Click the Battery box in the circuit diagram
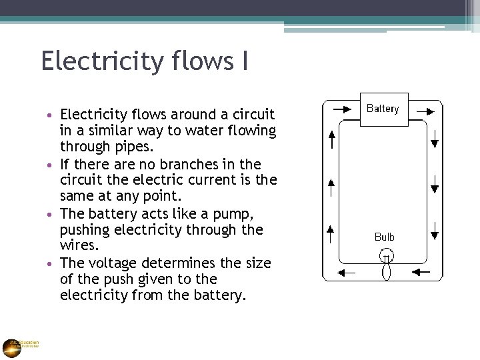click(383, 109)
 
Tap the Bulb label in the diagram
click(385, 237)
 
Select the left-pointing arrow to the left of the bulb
click(346, 272)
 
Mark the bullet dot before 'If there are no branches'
click(53, 165)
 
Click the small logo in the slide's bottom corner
click(12, 347)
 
